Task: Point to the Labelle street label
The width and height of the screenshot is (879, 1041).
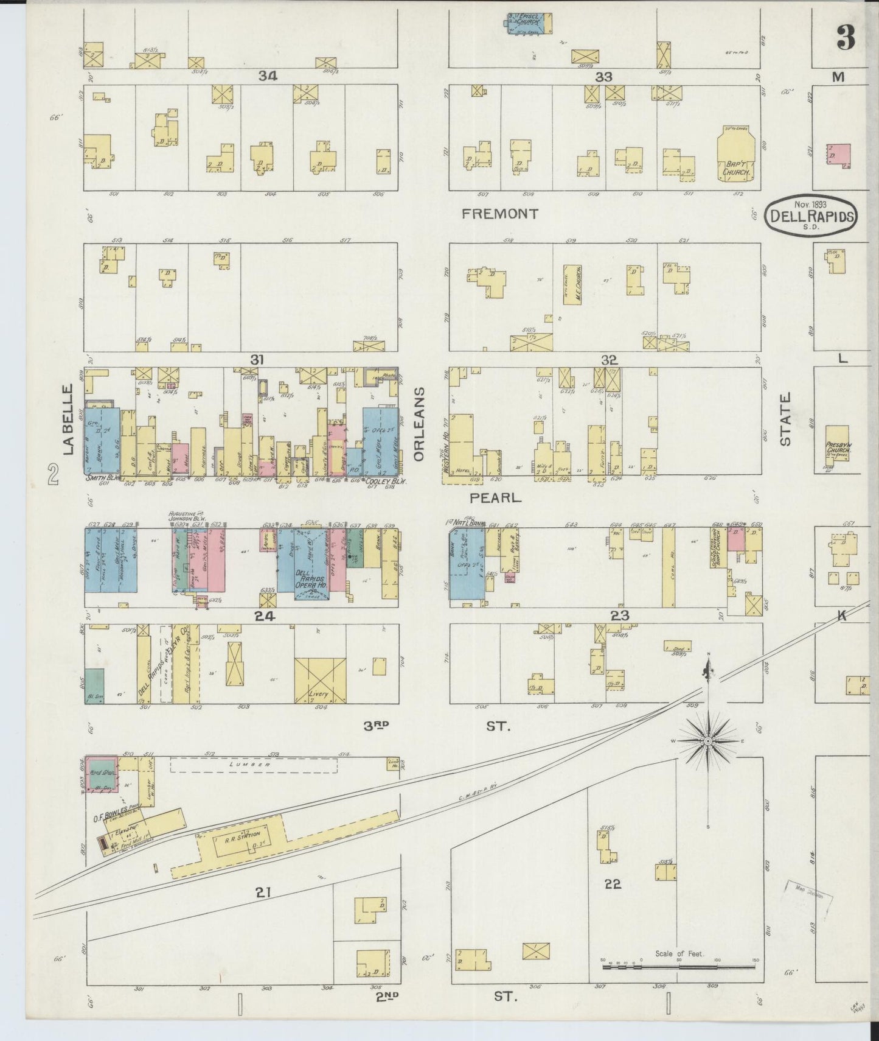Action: pos(68,419)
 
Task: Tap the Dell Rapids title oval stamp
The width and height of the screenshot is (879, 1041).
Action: pos(811,214)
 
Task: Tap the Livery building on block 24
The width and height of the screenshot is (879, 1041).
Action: pos(320,681)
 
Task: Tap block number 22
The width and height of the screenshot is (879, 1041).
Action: pos(612,883)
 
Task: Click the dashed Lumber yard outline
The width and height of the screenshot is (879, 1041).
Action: pos(254,765)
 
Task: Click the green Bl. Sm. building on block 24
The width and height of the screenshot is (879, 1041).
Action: pos(94,686)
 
